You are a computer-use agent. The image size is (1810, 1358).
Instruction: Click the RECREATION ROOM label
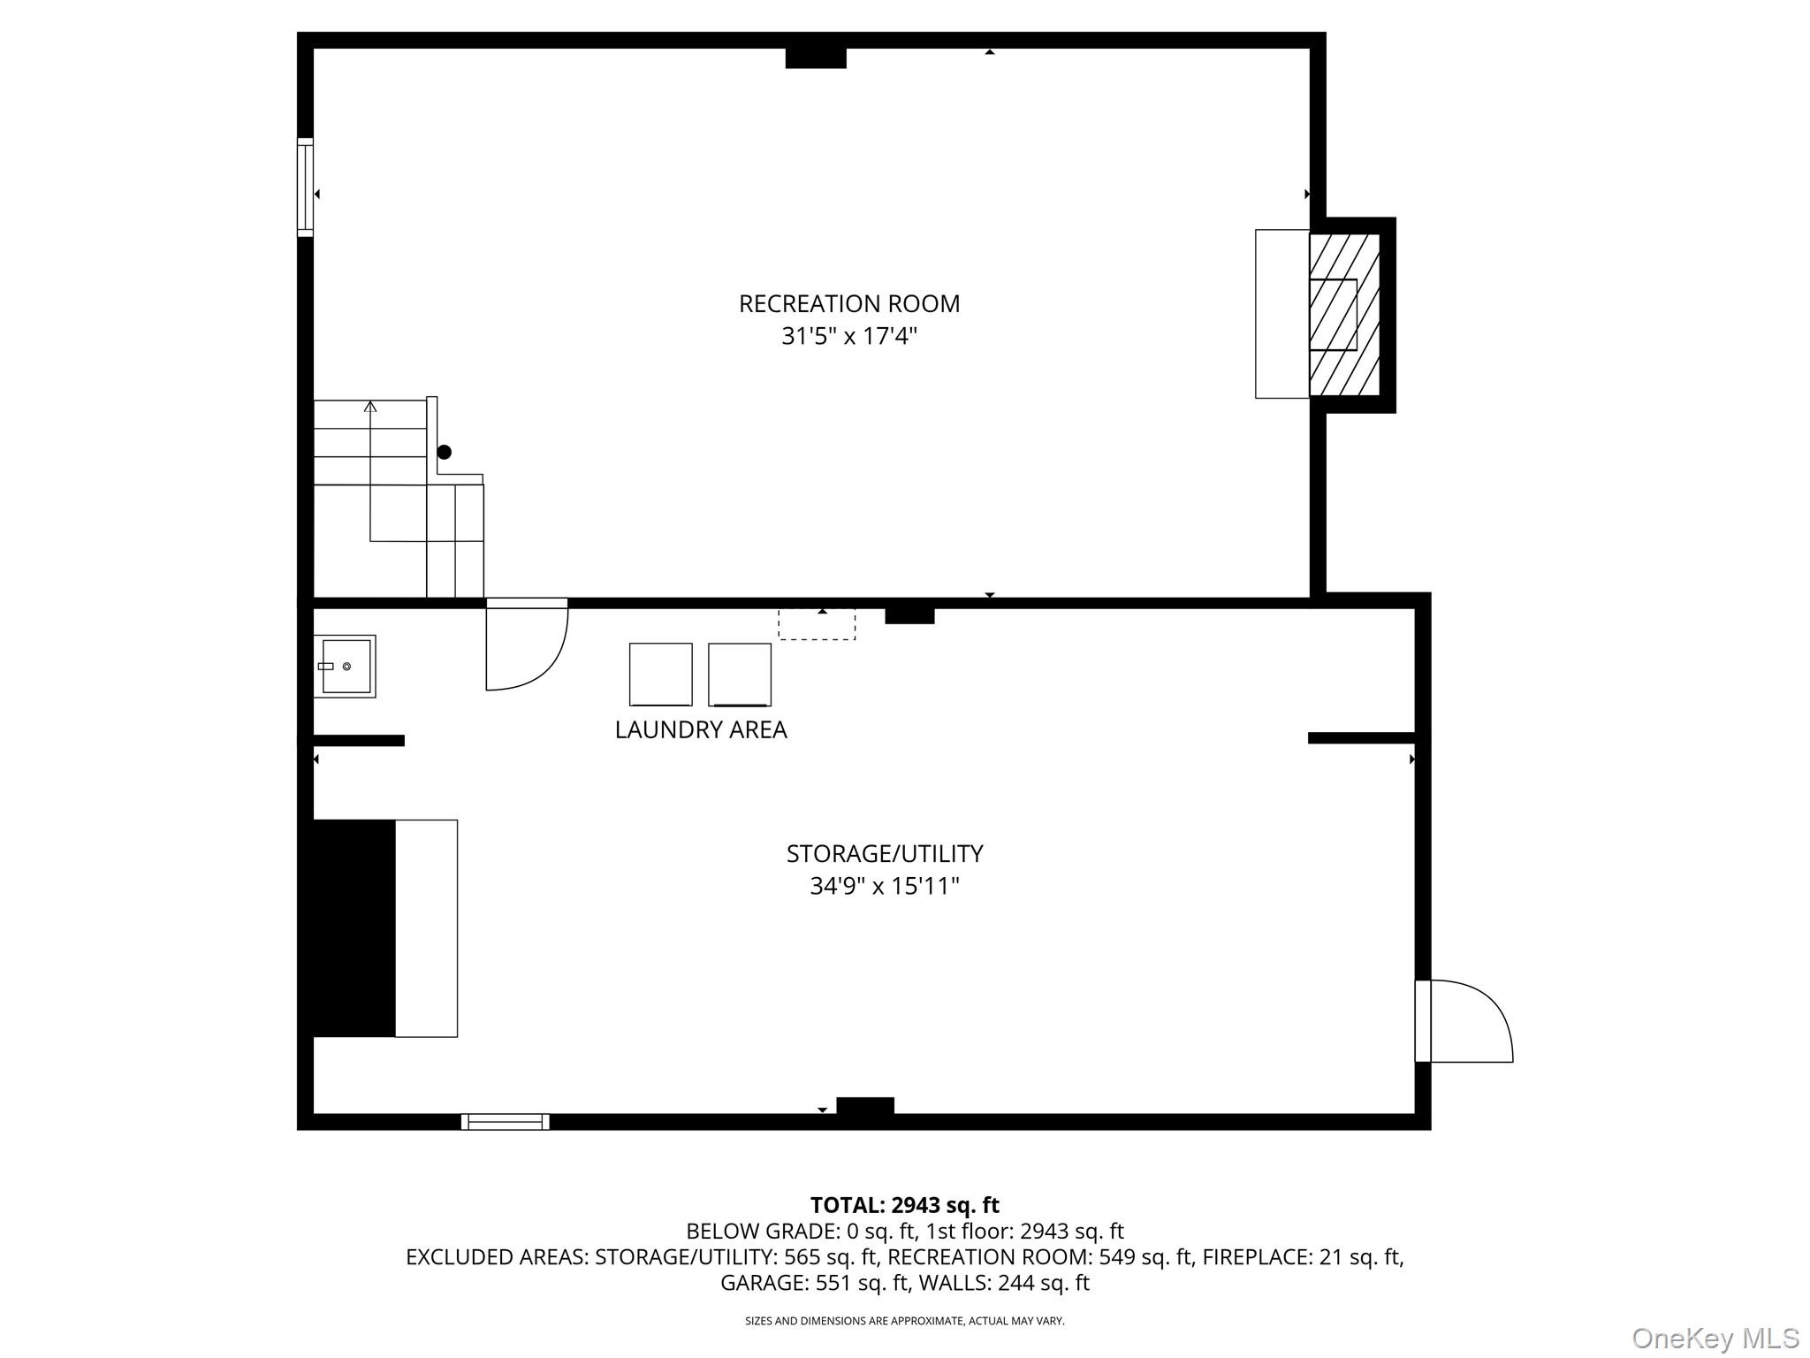click(848, 303)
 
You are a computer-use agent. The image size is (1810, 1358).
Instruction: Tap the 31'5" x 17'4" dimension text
click(848, 336)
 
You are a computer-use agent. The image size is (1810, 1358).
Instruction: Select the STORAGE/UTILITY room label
click(884, 853)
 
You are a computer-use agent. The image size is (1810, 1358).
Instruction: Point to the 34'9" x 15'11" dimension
click(884, 885)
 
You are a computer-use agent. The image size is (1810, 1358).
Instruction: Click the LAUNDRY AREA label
click(701, 729)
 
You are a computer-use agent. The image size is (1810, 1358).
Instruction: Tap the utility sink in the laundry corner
click(346, 666)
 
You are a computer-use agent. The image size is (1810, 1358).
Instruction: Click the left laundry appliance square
click(660, 674)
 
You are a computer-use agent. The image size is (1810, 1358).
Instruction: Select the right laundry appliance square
click(740, 674)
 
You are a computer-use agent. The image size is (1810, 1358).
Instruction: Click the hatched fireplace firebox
click(1343, 314)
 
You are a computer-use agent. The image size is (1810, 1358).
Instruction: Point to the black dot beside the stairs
click(445, 452)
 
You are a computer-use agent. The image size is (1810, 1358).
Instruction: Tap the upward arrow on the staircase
click(370, 407)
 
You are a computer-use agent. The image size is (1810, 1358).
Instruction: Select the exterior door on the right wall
click(1467, 1020)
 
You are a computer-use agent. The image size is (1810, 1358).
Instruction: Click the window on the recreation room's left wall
click(305, 187)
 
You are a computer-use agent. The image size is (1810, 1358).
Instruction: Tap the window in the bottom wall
click(506, 1122)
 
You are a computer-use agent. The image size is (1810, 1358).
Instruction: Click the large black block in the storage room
click(354, 927)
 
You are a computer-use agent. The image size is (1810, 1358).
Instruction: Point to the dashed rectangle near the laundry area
click(817, 623)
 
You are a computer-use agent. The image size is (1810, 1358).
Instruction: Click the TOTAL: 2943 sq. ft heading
click(904, 1205)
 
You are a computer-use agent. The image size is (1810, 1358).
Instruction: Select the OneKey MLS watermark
click(1715, 1338)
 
